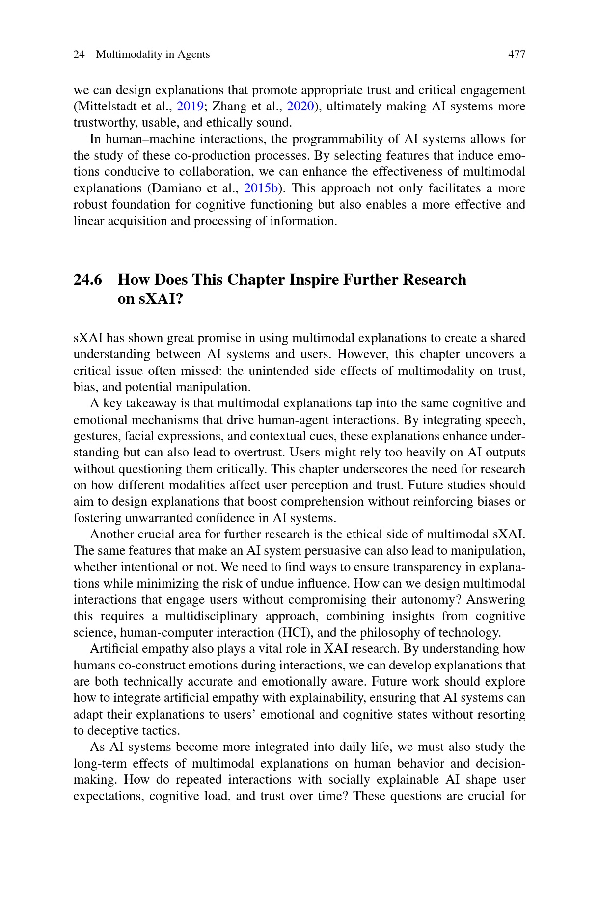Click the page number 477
coord(517,54)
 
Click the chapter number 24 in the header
coord(79,54)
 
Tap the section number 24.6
coord(88,280)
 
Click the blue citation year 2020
coord(299,107)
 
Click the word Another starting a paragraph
coord(110,534)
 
